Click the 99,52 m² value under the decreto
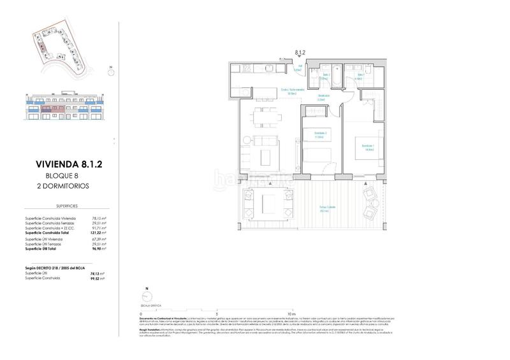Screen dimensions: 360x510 (x=96, y=278)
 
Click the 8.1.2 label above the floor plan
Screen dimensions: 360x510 (x=300, y=54)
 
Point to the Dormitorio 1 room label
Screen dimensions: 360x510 (x=368, y=146)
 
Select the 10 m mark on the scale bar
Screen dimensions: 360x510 (x=292, y=314)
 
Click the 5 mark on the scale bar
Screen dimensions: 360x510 (x=217, y=314)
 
